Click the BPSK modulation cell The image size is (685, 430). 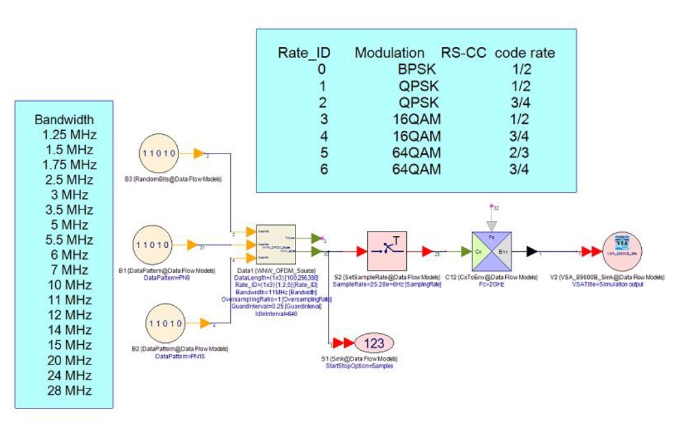click(414, 68)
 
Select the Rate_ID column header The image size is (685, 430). click(304, 53)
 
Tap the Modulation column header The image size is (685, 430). click(390, 53)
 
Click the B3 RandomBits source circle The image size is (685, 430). click(159, 153)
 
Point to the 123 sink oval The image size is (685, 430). click(373, 344)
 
